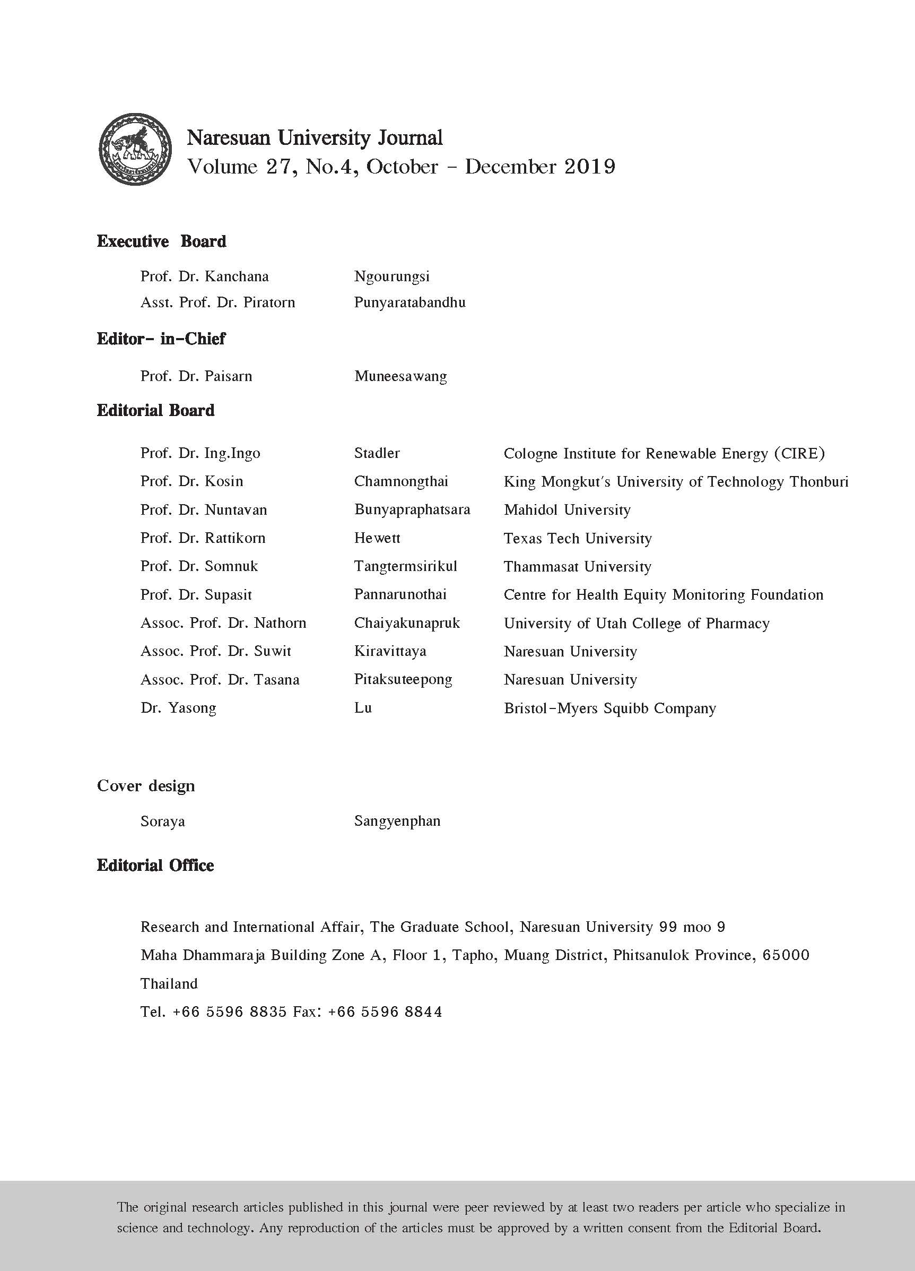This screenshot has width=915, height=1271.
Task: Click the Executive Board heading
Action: point(161,241)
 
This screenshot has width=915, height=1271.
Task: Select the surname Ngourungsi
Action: point(391,276)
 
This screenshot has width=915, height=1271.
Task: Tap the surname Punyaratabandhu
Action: point(409,302)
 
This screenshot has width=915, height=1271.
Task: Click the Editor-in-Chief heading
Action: point(161,339)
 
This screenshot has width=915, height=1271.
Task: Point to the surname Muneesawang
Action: point(400,376)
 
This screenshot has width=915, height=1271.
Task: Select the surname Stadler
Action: point(377,453)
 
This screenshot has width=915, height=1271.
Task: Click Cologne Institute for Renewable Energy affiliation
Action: point(664,453)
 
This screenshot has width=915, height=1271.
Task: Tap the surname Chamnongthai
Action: point(401,481)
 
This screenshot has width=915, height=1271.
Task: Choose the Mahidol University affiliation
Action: point(567,510)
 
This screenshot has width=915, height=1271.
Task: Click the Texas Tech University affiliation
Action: point(577,539)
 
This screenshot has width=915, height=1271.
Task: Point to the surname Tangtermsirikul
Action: point(405,567)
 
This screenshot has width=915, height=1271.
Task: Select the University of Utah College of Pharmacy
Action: point(636,623)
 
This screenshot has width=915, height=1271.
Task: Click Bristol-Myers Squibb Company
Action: point(609,708)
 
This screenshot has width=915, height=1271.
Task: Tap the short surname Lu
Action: point(363,708)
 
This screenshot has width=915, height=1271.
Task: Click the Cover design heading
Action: point(145,786)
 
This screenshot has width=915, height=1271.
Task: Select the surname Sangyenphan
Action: point(397,822)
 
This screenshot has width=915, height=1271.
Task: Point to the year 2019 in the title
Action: point(590,167)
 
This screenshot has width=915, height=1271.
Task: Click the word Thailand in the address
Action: point(169,983)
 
